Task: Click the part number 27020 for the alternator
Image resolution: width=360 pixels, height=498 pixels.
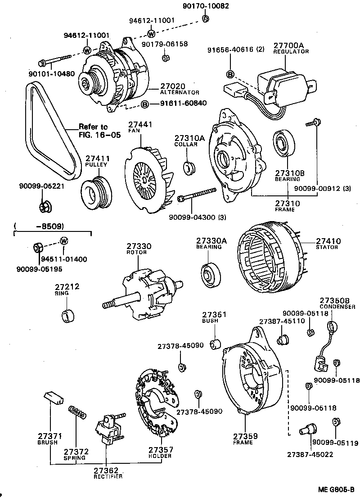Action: coord(173,86)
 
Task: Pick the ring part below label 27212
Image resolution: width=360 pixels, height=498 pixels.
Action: coord(67,315)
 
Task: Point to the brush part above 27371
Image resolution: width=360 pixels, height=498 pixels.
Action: coord(53,397)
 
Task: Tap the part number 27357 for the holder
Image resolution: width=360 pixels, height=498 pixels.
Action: coord(161,449)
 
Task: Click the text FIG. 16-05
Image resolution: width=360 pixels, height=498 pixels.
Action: coord(100,134)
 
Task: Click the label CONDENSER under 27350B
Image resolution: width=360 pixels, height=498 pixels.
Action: coord(338,307)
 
